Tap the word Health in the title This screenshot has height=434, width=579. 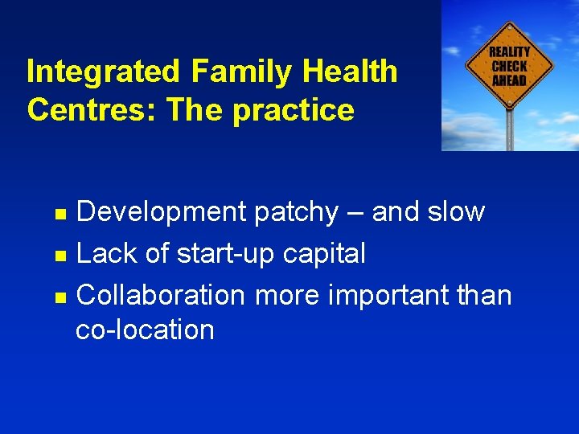351,72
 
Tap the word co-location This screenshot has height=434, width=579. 145,330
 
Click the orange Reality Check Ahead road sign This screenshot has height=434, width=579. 509,64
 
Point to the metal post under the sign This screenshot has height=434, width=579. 509,129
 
